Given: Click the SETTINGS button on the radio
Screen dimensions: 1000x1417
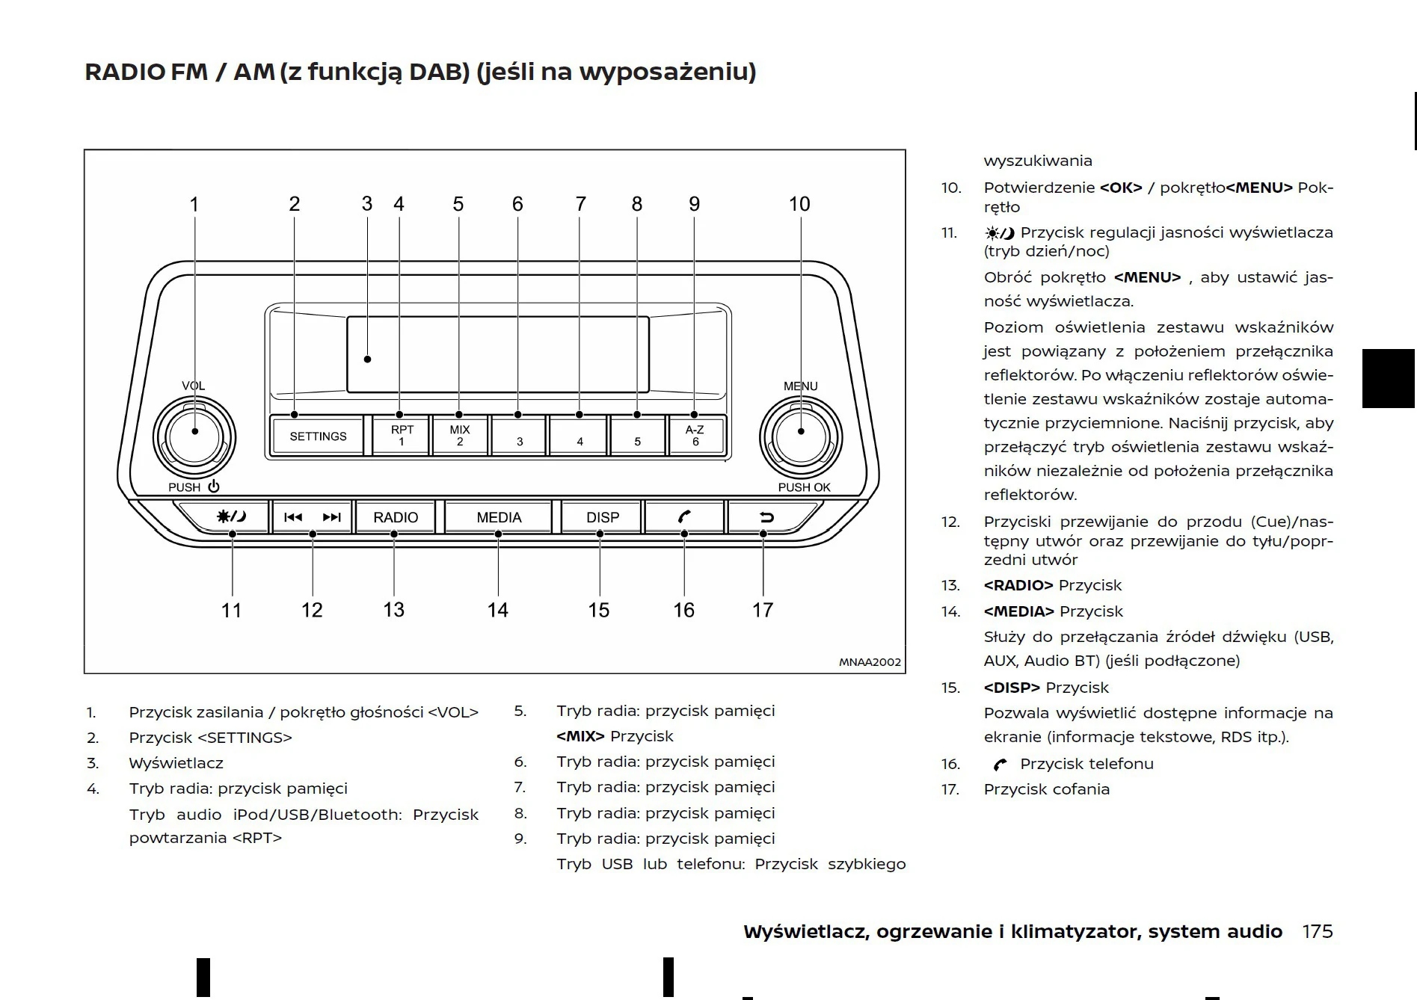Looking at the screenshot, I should click(x=318, y=436).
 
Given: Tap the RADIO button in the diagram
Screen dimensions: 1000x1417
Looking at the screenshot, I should click(x=396, y=517).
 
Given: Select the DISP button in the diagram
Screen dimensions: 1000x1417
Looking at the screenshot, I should click(x=602, y=517).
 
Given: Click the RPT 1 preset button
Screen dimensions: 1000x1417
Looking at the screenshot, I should click(x=402, y=436).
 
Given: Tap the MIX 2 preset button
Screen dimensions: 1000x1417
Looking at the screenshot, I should click(x=460, y=436).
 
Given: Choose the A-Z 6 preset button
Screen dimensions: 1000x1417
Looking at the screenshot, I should click(x=695, y=436).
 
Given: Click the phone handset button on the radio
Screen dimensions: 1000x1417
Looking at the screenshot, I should click(x=684, y=517).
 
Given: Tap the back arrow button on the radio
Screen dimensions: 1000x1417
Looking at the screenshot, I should click(x=766, y=517).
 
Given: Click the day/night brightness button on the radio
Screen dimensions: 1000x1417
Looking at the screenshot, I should click(x=231, y=517).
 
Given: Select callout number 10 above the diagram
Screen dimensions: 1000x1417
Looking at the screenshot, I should click(x=799, y=204).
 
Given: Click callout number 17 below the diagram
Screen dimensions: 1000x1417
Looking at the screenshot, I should click(x=762, y=611).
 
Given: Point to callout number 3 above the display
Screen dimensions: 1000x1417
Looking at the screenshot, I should click(x=366, y=204).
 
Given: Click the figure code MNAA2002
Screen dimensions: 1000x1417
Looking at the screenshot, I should click(x=870, y=662).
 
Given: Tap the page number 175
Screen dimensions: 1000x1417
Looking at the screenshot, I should click(x=1317, y=932).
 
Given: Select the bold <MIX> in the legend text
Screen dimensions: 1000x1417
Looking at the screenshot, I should click(x=580, y=736).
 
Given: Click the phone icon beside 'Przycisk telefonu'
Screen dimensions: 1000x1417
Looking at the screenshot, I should click(x=1000, y=765).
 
